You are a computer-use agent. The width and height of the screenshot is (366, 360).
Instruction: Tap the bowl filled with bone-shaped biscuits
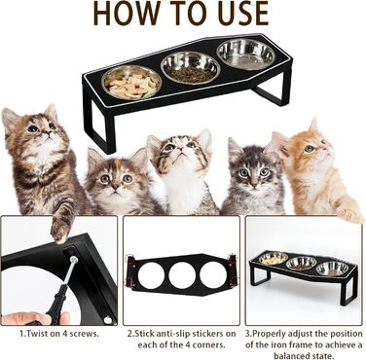pos(131,84)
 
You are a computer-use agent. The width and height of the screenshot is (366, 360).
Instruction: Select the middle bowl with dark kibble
pos(191,68)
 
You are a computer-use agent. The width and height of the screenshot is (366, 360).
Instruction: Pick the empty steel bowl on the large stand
pos(245,54)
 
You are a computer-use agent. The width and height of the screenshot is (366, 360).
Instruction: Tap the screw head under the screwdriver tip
pos(75,259)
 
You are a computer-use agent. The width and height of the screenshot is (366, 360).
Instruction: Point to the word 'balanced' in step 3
pos(302,354)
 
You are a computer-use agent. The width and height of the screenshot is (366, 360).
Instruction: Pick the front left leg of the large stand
pos(97,126)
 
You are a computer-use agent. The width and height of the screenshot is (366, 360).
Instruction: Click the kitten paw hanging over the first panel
pos(60,231)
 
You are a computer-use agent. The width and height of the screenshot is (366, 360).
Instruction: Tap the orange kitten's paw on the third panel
pos(348,213)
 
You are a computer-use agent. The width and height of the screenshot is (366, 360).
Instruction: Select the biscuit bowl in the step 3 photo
pos(273,259)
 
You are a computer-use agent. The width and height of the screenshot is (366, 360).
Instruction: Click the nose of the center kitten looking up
pos(181,150)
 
